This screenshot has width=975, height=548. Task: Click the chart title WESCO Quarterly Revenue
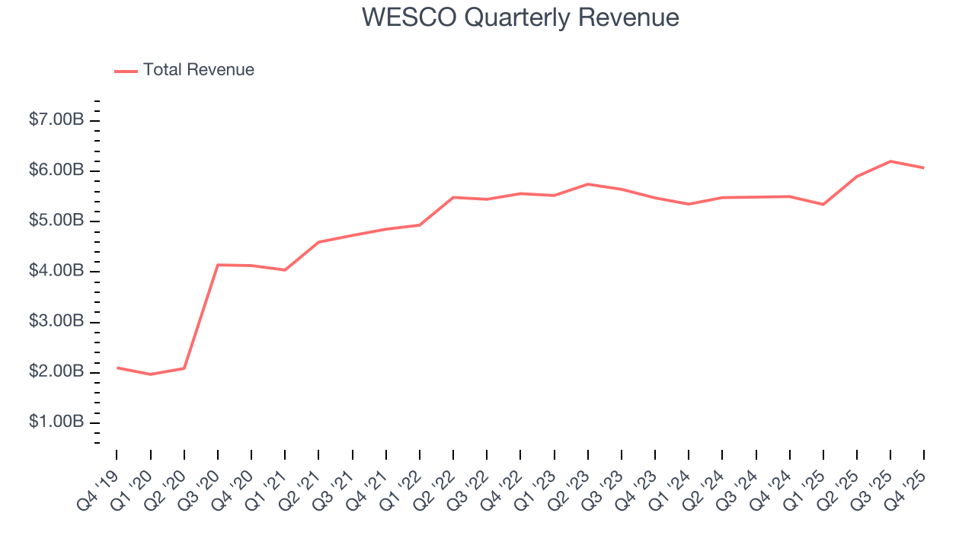[x=520, y=17]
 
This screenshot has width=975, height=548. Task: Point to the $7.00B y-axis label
[x=56, y=120]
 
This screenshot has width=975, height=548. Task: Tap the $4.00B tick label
[x=56, y=272]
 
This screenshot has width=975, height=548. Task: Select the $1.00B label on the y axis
[x=56, y=422]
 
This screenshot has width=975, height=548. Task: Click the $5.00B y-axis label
[x=56, y=221]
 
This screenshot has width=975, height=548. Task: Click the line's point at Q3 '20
[x=218, y=265]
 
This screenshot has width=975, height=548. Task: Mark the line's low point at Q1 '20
[x=150, y=374]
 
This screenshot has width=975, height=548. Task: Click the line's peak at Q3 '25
[x=890, y=161]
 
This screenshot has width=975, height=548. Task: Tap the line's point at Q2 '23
[x=588, y=184]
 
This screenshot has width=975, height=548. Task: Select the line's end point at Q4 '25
[x=924, y=168]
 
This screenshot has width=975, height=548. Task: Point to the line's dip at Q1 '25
[x=823, y=204]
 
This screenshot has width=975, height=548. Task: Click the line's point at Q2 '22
[x=453, y=197]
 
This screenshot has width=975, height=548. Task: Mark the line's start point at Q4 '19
[x=117, y=368]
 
